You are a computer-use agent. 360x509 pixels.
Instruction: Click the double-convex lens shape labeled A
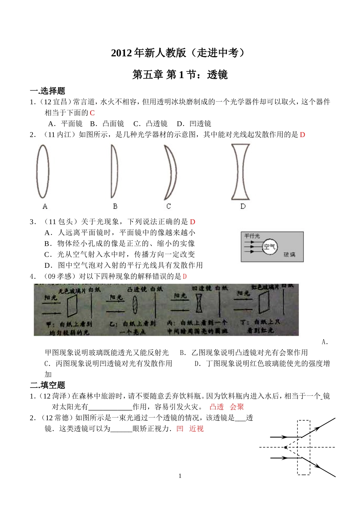click(x=43, y=171)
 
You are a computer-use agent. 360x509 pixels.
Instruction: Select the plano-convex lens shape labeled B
click(x=114, y=171)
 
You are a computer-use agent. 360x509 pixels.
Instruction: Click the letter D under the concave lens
click(x=243, y=206)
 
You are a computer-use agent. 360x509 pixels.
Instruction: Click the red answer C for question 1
click(x=92, y=113)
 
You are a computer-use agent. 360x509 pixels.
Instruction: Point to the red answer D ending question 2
click(x=302, y=135)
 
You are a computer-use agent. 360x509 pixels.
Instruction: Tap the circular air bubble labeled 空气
click(x=270, y=247)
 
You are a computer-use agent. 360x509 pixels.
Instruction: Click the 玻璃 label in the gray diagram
click(x=290, y=255)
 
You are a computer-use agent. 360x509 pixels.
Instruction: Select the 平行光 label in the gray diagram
click(x=252, y=236)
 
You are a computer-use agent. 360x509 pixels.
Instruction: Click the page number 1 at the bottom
click(x=180, y=476)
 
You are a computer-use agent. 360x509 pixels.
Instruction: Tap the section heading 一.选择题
click(x=48, y=91)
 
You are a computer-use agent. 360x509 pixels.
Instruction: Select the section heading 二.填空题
click(x=48, y=385)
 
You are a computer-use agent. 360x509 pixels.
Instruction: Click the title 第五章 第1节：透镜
click(x=180, y=75)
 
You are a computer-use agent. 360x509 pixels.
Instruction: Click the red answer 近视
click(x=196, y=429)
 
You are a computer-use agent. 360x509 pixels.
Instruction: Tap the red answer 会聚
click(x=237, y=407)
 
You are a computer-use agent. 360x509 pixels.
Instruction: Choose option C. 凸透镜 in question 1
click(x=150, y=124)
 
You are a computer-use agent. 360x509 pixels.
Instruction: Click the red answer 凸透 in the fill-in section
click(x=217, y=407)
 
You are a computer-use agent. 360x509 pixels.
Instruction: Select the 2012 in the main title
click(x=122, y=53)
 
